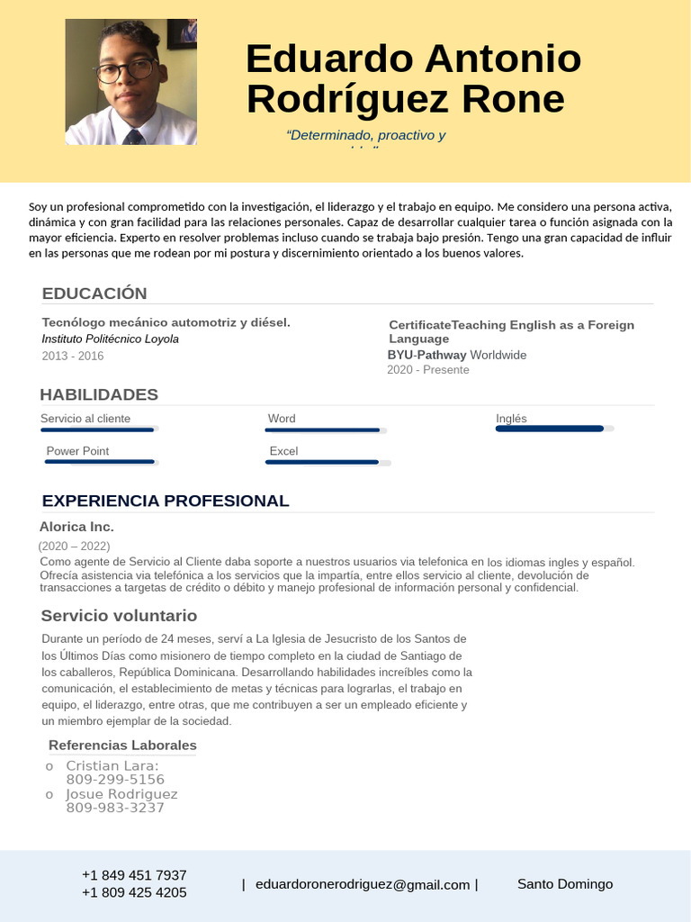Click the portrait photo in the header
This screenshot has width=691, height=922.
coord(131,82)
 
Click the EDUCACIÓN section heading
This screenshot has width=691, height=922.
coord(94,294)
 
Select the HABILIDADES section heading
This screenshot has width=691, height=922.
coord(99,394)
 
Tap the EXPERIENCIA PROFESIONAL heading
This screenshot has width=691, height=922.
coord(166,501)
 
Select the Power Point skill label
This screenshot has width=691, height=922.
coord(77,451)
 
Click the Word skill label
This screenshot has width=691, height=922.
coord(282,419)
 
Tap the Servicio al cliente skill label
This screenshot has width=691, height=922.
coord(85,419)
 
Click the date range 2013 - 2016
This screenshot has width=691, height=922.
coord(73,356)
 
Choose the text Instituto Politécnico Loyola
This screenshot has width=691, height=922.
coord(110,339)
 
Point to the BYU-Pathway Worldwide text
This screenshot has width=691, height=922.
coord(457,355)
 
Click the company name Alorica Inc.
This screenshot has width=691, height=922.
coord(76,527)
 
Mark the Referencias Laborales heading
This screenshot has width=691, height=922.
coord(122,746)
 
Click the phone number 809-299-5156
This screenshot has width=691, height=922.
coord(115,780)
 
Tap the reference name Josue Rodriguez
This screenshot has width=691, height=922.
coord(121,794)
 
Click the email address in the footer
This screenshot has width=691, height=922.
coord(363,885)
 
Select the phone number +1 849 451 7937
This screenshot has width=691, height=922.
coord(134,875)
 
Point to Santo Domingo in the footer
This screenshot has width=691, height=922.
coord(565,884)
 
